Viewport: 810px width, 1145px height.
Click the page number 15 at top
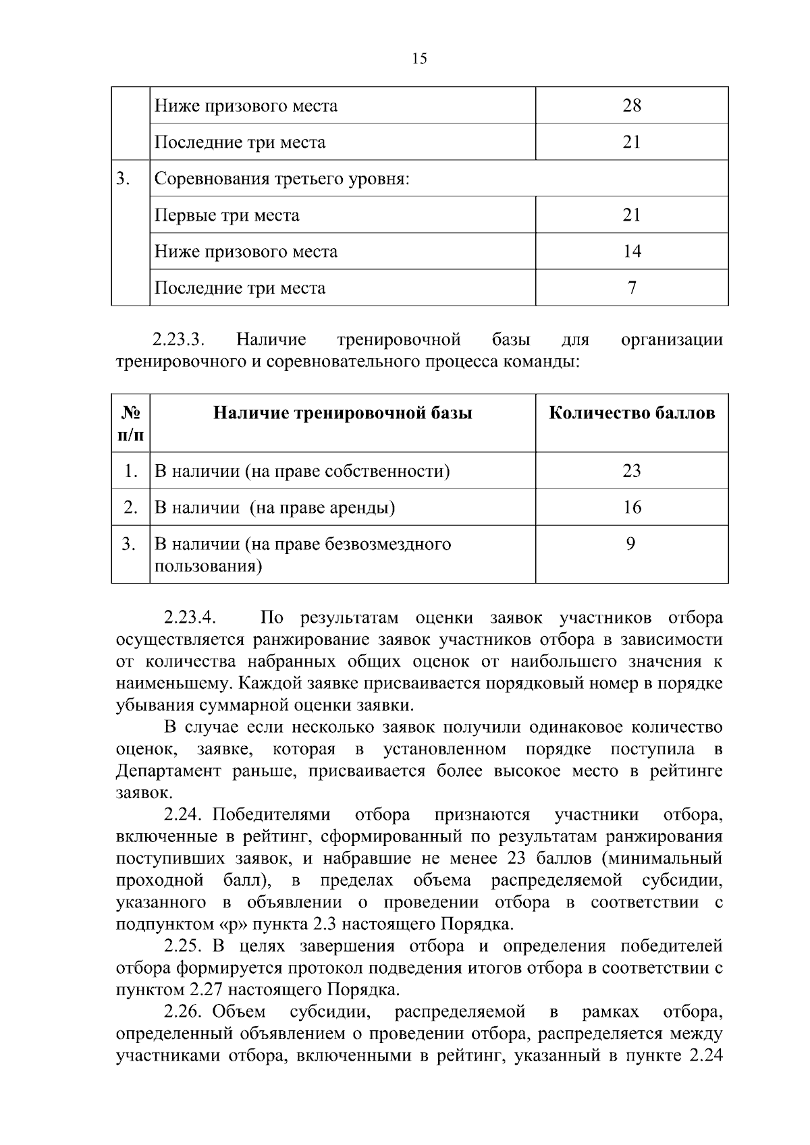(x=418, y=59)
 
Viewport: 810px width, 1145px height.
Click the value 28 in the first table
(x=632, y=105)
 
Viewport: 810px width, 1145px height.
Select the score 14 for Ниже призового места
(x=632, y=252)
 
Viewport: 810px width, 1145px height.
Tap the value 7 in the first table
(x=632, y=288)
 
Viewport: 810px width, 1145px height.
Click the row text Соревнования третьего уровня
(x=282, y=179)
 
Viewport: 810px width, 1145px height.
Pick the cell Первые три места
(x=227, y=215)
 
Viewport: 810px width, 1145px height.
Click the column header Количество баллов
(x=632, y=413)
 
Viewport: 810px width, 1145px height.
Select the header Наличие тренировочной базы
(x=342, y=413)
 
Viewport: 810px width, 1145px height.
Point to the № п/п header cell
(x=130, y=423)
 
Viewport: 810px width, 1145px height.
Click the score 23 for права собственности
(x=632, y=471)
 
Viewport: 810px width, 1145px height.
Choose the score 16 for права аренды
(x=632, y=507)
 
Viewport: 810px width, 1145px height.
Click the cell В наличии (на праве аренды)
(x=275, y=507)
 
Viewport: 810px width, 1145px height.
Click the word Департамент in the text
(x=169, y=771)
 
